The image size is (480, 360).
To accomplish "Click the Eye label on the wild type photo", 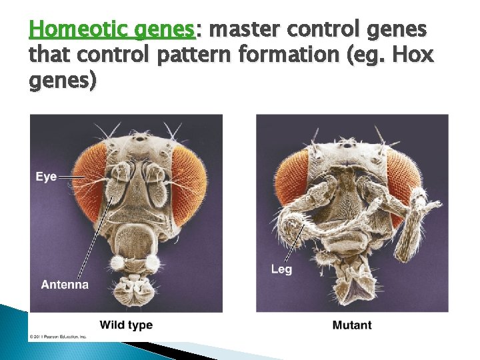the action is [46, 177].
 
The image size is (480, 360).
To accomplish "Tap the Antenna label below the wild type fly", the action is [65, 285].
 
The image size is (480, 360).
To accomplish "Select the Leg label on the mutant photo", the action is [281, 269].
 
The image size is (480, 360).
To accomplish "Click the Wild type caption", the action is [126, 325].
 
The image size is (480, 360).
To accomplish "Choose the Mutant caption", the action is [352, 325].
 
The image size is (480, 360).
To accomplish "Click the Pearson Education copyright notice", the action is [58, 337].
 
